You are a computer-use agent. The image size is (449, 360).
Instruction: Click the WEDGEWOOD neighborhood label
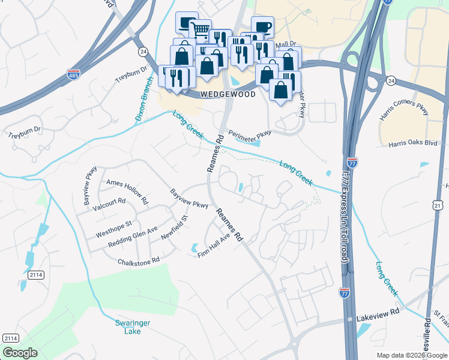point(228,94)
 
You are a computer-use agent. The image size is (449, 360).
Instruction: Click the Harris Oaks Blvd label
point(412,143)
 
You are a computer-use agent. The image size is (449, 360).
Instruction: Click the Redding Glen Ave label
point(133,238)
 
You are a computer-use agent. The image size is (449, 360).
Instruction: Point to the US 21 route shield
point(438,206)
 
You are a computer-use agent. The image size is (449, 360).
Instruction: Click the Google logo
point(20,353)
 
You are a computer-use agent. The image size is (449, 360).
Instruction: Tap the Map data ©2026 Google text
point(411,355)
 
